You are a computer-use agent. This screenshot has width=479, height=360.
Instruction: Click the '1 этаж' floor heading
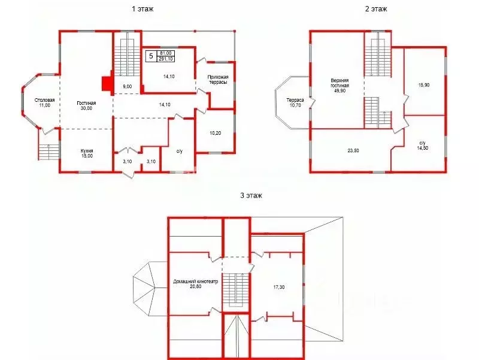tap(143, 9)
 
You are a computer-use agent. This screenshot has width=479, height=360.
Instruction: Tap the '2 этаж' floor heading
tap(376, 9)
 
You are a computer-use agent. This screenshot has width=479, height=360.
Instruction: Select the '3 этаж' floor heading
tap(251, 195)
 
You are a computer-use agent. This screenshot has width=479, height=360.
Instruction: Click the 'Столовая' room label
tap(44, 100)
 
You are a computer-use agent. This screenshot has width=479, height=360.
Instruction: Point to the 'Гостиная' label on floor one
tap(86, 103)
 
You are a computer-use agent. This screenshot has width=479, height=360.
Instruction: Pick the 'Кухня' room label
tap(87, 151)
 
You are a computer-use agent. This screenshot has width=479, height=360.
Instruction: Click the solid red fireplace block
tap(107, 83)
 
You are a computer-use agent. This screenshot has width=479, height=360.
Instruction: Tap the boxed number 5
tap(151, 56)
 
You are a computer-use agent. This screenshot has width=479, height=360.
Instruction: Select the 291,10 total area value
tap(165, 59)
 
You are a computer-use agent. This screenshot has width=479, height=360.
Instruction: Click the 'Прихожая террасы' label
tap(218, 80)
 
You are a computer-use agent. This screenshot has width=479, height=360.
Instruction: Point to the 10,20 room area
tap(216, 133)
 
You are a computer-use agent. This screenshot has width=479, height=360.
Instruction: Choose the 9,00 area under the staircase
tap(127, 86)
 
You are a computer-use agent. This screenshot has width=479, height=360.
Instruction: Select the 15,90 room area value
tap(424, 85)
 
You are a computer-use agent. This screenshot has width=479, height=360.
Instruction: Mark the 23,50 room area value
tap(353, 150)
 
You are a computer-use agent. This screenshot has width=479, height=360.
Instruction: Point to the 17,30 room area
tap(279, 287)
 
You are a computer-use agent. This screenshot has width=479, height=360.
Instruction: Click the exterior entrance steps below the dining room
tap(48, 152)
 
